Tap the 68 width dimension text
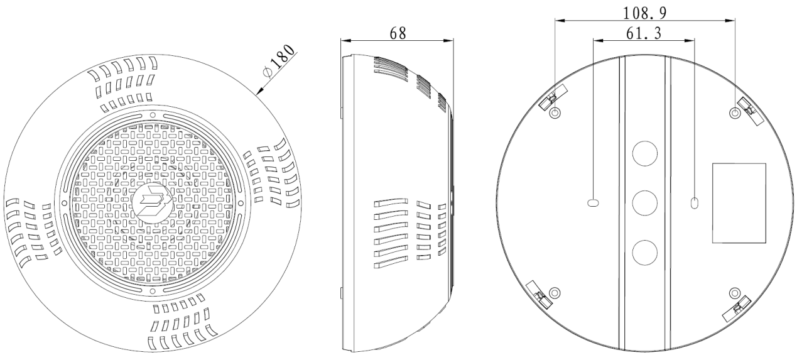(x=398, y=33)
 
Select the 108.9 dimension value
(x=645, y=13)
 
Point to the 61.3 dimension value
(x=644, y=33)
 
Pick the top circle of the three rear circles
(x=645, y=153)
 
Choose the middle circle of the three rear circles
(x=645, y=202)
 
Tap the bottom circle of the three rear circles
(x=645, y=253)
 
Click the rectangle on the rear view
(x=739, y=203)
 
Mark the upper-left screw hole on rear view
(x=555, y=113)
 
